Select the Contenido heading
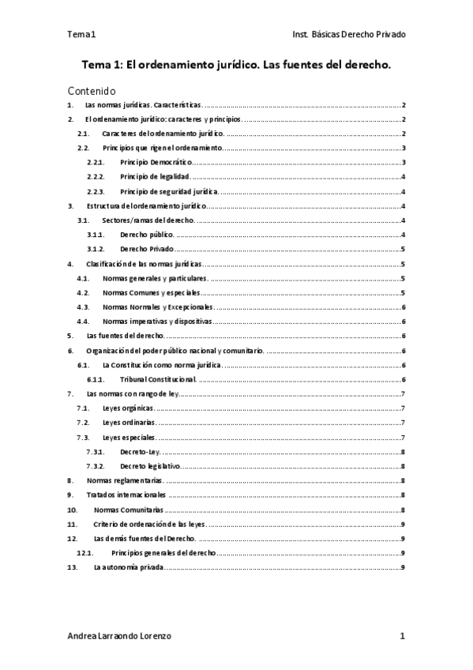[92, 91]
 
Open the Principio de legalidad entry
[155, 177]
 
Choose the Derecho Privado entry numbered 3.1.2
[147, 249]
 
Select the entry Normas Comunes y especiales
[152, 292]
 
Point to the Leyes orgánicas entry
[129, 408]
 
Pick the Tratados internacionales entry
[126, 495]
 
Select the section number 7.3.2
[96, 466]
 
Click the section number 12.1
[84, 553]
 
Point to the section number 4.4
[82, 322]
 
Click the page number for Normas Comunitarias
[404, 510]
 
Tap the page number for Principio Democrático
[404, 163]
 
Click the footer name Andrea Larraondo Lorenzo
[119, 636]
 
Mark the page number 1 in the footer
[403, 636]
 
